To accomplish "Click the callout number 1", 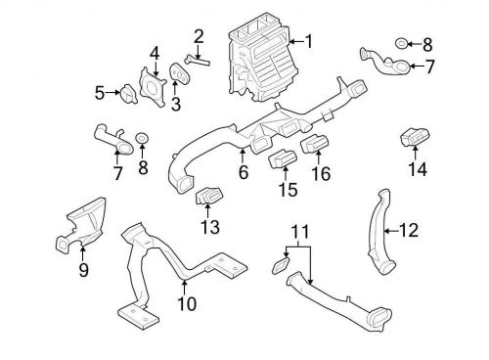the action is tap(308, 42).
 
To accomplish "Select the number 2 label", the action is tap(199, 37).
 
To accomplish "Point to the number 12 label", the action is tap(409, 231).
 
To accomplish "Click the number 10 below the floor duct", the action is tap(187, 303).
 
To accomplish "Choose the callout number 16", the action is tap(321, 173).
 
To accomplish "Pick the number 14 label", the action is tap(418, 169).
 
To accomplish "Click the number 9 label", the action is tap(83, 270).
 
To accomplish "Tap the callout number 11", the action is tap(299, 231).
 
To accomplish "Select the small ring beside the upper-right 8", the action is tap(401, 44).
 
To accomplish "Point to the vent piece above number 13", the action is tap(209, 196).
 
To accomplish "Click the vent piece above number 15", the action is tap(283, 158).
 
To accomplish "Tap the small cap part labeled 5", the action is tap(128, 94).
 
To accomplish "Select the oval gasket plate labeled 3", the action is tap(179, 73).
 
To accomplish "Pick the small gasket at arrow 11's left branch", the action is tap(281, 265).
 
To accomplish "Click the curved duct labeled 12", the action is tap(381, 231).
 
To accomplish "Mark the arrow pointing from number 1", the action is tap(296, 42).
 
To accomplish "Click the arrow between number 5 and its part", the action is tap(112, 93).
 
